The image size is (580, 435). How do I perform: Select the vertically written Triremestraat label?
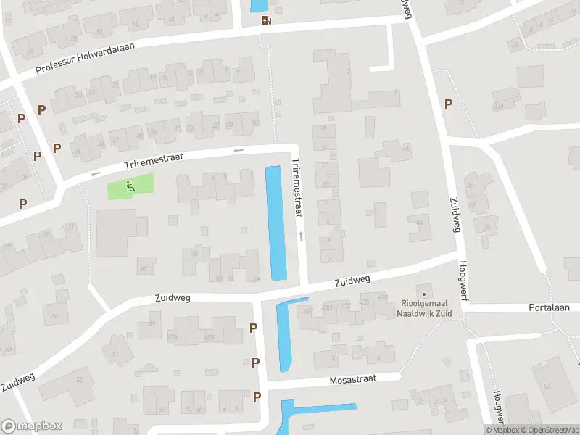297,188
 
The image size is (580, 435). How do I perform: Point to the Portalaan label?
549,307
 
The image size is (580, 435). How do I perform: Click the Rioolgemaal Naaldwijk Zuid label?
426,308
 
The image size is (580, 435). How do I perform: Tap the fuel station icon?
267,20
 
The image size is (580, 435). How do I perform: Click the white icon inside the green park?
130,186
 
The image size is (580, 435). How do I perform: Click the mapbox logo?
32,426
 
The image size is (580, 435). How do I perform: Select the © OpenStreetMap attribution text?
546,430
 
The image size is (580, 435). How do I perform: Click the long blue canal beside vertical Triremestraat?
275,223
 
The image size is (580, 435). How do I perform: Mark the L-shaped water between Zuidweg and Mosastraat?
283,333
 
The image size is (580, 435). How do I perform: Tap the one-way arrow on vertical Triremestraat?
301,236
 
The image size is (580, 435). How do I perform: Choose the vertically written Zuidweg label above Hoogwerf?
455,215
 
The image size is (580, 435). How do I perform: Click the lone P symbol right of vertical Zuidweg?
448,104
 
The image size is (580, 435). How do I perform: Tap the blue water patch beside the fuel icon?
258,5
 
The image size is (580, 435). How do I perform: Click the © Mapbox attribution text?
502,430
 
